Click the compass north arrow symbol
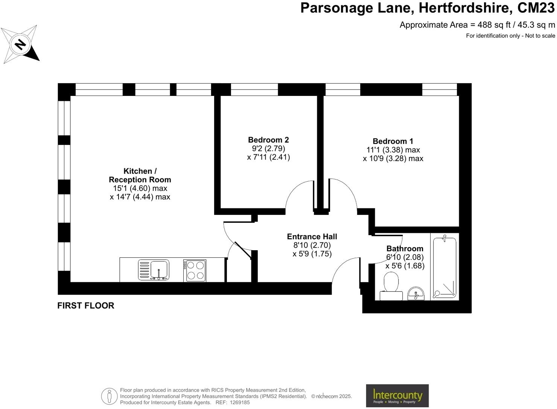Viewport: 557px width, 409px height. pyautogui.click(x=20, y=44)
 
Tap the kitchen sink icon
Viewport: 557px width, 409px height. pyautogui.click(x=154, y=270)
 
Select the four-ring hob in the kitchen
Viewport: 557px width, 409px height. pyautogui.click(x=195, y=270)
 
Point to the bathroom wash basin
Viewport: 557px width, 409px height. pyautogui.click(x=415, y=293)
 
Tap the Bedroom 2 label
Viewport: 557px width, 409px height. pyautogui.click(x=268, y=140)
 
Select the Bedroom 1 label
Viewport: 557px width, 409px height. pyautogui.click(x=393, y=141)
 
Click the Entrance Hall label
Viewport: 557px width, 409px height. pyautogui.click(x=312, y=237)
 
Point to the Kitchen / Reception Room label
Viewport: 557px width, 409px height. pyautogui.click(x=140, y=175)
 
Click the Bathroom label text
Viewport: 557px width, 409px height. pyautogui.click(x=405, y=249)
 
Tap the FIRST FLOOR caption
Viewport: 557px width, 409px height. pyautogui.click(x=86, y=306)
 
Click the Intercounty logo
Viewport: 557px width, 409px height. pyautogui.click(x=397, y=395)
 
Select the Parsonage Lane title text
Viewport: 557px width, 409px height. pyautogui.click(x=427, y=8)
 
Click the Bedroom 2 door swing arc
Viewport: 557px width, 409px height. pyautogui.click(x=296, y=192)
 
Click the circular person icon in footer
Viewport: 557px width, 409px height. pyautogui.click(x=109, y=396)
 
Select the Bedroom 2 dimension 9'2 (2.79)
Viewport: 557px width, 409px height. pyautogui.click(x=268, y=149)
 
